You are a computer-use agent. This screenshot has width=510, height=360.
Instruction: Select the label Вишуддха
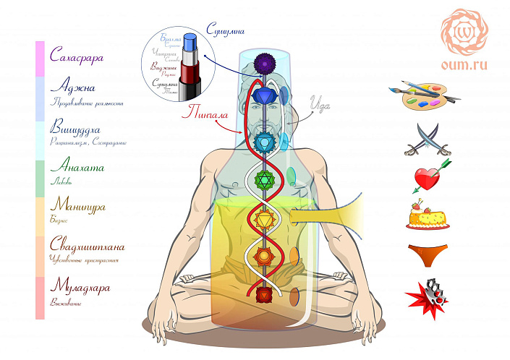[x=80, y=129]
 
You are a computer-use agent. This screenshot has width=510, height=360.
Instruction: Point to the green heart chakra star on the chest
[x=265, y=178]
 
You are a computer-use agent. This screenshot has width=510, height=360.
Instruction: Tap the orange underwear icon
[x=426, y=253]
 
